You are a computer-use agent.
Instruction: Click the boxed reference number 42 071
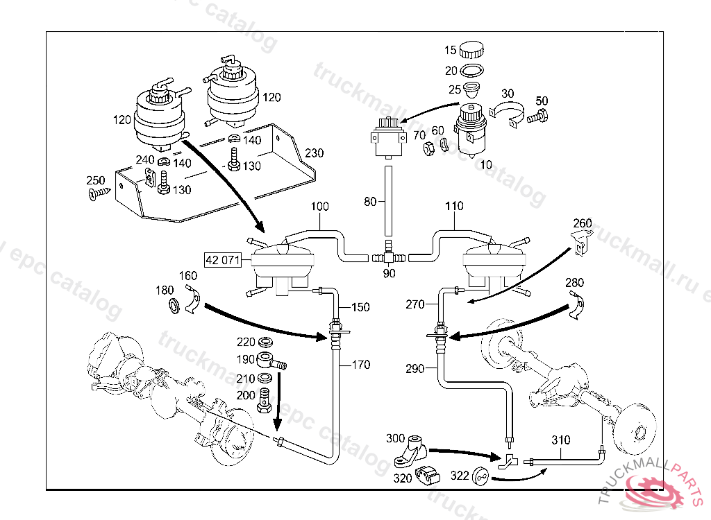(x=222, y=261)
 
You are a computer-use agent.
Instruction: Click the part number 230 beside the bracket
(x=315, y=153)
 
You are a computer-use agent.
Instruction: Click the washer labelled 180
(x=173, y=304)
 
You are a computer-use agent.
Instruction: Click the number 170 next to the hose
(x=361, y=365)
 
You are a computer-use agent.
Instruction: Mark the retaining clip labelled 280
(x=576, y=306)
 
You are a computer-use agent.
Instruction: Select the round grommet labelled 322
(x=478, y=476)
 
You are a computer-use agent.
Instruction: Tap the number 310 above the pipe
(x=560, y=440)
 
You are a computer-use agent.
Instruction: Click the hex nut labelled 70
(x=429, y=146)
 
